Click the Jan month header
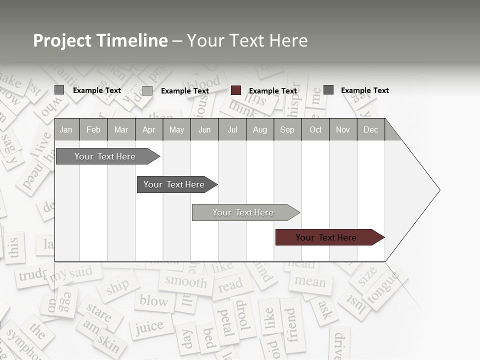pos(66,129)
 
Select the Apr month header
pos(149,129)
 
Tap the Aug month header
pos(260,129)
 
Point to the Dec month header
pos(370,129)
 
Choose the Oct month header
pos(315,129)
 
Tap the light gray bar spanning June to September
pos(244,212)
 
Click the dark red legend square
pos(236,90)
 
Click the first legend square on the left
pos(59,90)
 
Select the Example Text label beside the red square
pos(273,91)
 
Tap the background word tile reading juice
pos(149,327)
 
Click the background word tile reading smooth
pos(185,281)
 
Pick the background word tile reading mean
pos(310,281)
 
